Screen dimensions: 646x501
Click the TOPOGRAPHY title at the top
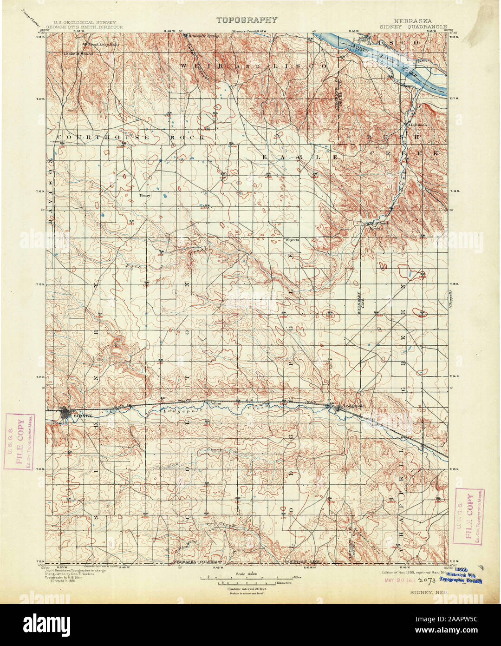point(247,20)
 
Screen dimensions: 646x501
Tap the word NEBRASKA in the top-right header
point(412,21)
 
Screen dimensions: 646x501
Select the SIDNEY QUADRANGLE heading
point(419,27)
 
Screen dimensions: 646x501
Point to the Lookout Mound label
point(78,54)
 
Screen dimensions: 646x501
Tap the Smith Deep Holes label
point(97,45)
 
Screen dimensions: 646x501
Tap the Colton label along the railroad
point(214,403)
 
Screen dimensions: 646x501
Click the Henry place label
point(145,196)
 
